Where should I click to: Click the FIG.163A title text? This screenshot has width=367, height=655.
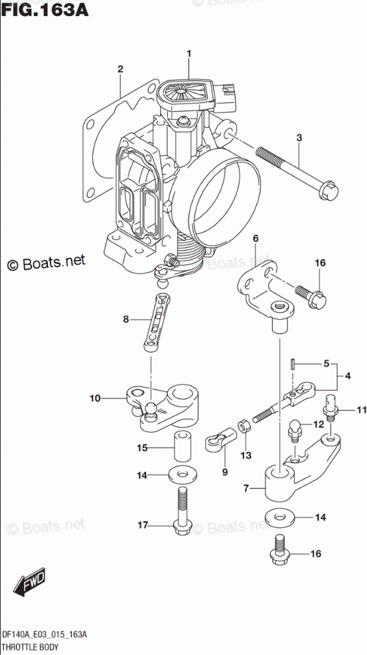(x=44, y=9)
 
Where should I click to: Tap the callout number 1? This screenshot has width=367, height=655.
(x=188, y=54)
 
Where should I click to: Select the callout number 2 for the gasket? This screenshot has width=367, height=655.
(x=120, y=69)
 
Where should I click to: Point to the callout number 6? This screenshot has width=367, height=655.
(x=256, y=239)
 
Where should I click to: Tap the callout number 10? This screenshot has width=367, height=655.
(x=96, y=398)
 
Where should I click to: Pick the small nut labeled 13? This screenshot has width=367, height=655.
(x=244, y=427)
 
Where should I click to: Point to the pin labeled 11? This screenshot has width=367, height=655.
(x=330, y=406)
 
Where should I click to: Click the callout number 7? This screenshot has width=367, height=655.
(x=246, y=488)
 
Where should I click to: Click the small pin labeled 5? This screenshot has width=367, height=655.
(x=293, y=363)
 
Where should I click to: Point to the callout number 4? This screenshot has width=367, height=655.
(x=348, y=376)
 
